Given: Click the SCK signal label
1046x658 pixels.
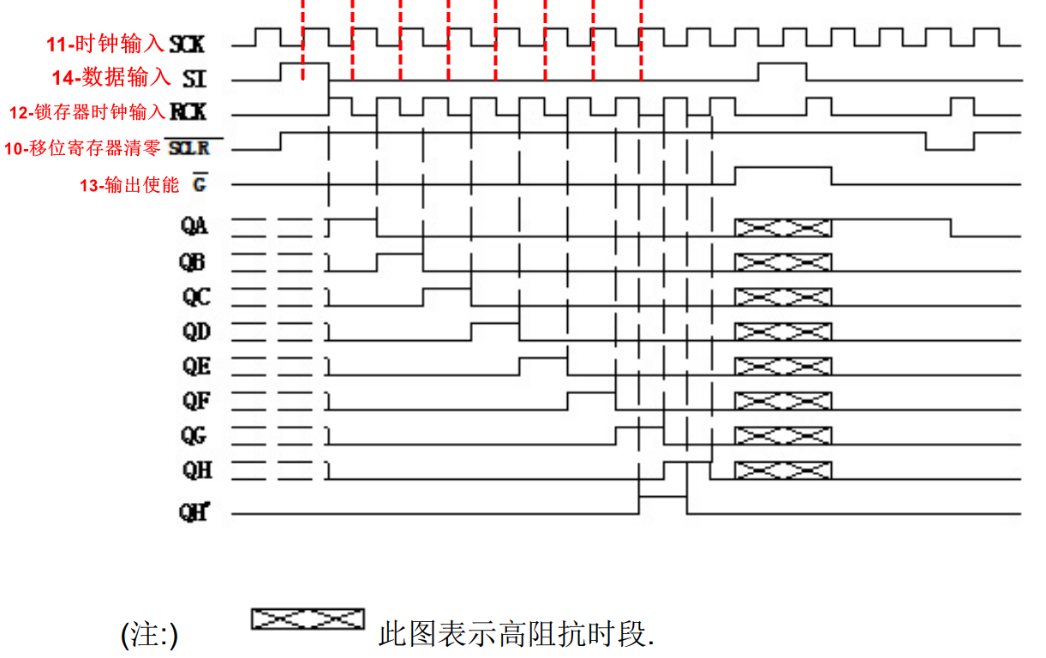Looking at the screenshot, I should [x=188, y=43].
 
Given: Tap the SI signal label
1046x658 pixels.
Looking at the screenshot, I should [x=194, y=79].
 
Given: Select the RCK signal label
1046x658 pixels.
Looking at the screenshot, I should [x=188, y=112].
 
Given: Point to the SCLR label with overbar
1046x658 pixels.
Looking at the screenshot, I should [x=188, y=148].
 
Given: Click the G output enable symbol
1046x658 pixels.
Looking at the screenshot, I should [x=200, y=184].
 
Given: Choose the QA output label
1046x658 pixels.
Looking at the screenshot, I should [x=194, y=226].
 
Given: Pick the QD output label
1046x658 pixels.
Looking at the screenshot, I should [x=196, y=332].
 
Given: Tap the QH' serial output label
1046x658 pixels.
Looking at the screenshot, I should [x=194, y=512].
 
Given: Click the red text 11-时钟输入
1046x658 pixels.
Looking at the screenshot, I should [x=105, y=44].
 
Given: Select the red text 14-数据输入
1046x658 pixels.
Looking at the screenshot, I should [x=111, y=78].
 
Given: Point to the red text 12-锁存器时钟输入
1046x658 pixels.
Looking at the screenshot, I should [x=88, y=112].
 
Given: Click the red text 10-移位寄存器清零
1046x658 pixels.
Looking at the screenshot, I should [x=82, y=148].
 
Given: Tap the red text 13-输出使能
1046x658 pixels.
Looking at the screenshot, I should [x=129, y=184].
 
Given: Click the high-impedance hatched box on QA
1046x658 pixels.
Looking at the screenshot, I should [x=783, y=227].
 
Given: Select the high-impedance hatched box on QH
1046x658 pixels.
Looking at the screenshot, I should [x=783, y=470].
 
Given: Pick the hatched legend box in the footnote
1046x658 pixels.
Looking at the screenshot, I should [x=308, y=619].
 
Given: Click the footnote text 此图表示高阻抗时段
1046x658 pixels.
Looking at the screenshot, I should [x=516, y=635].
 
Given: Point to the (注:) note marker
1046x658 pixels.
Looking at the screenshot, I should [x=150, y=636].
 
